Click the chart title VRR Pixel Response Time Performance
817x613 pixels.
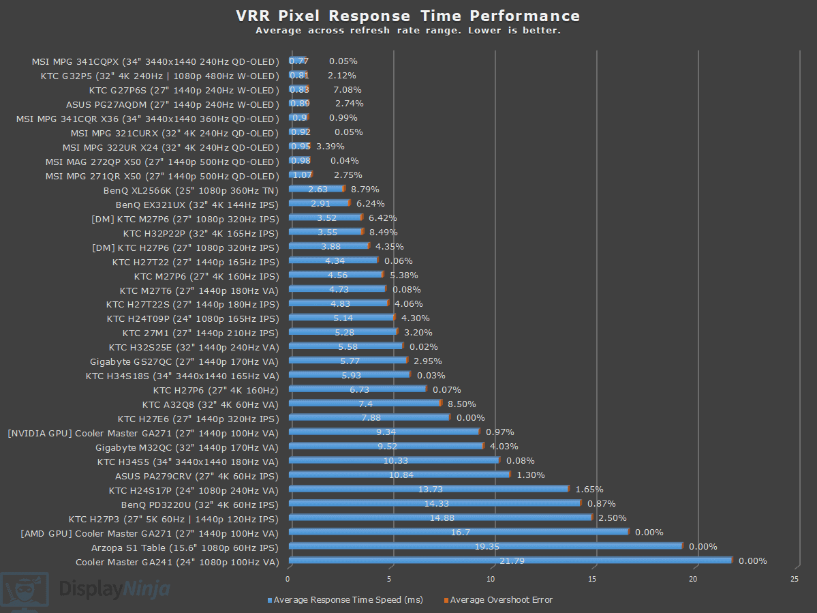click(x=407, y=16)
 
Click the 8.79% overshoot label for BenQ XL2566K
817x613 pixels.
click(x=365, y=189)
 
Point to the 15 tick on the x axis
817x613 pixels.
click(x=592, y=579)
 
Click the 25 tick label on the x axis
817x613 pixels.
click(x=795, y=579)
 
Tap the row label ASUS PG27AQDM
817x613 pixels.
click(x=172, y=104)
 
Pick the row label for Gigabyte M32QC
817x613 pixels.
click(x=187, y=447)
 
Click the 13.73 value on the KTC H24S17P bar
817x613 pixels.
click(x=429, y=489)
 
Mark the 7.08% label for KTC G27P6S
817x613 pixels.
click(x=347, y=89)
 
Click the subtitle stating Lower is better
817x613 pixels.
click(x=407, y=31)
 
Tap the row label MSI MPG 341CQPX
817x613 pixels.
click(x=155, y=61)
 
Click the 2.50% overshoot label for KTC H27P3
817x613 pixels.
click(x=612, y=518)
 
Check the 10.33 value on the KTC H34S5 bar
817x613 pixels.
click(x=396, y=461)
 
